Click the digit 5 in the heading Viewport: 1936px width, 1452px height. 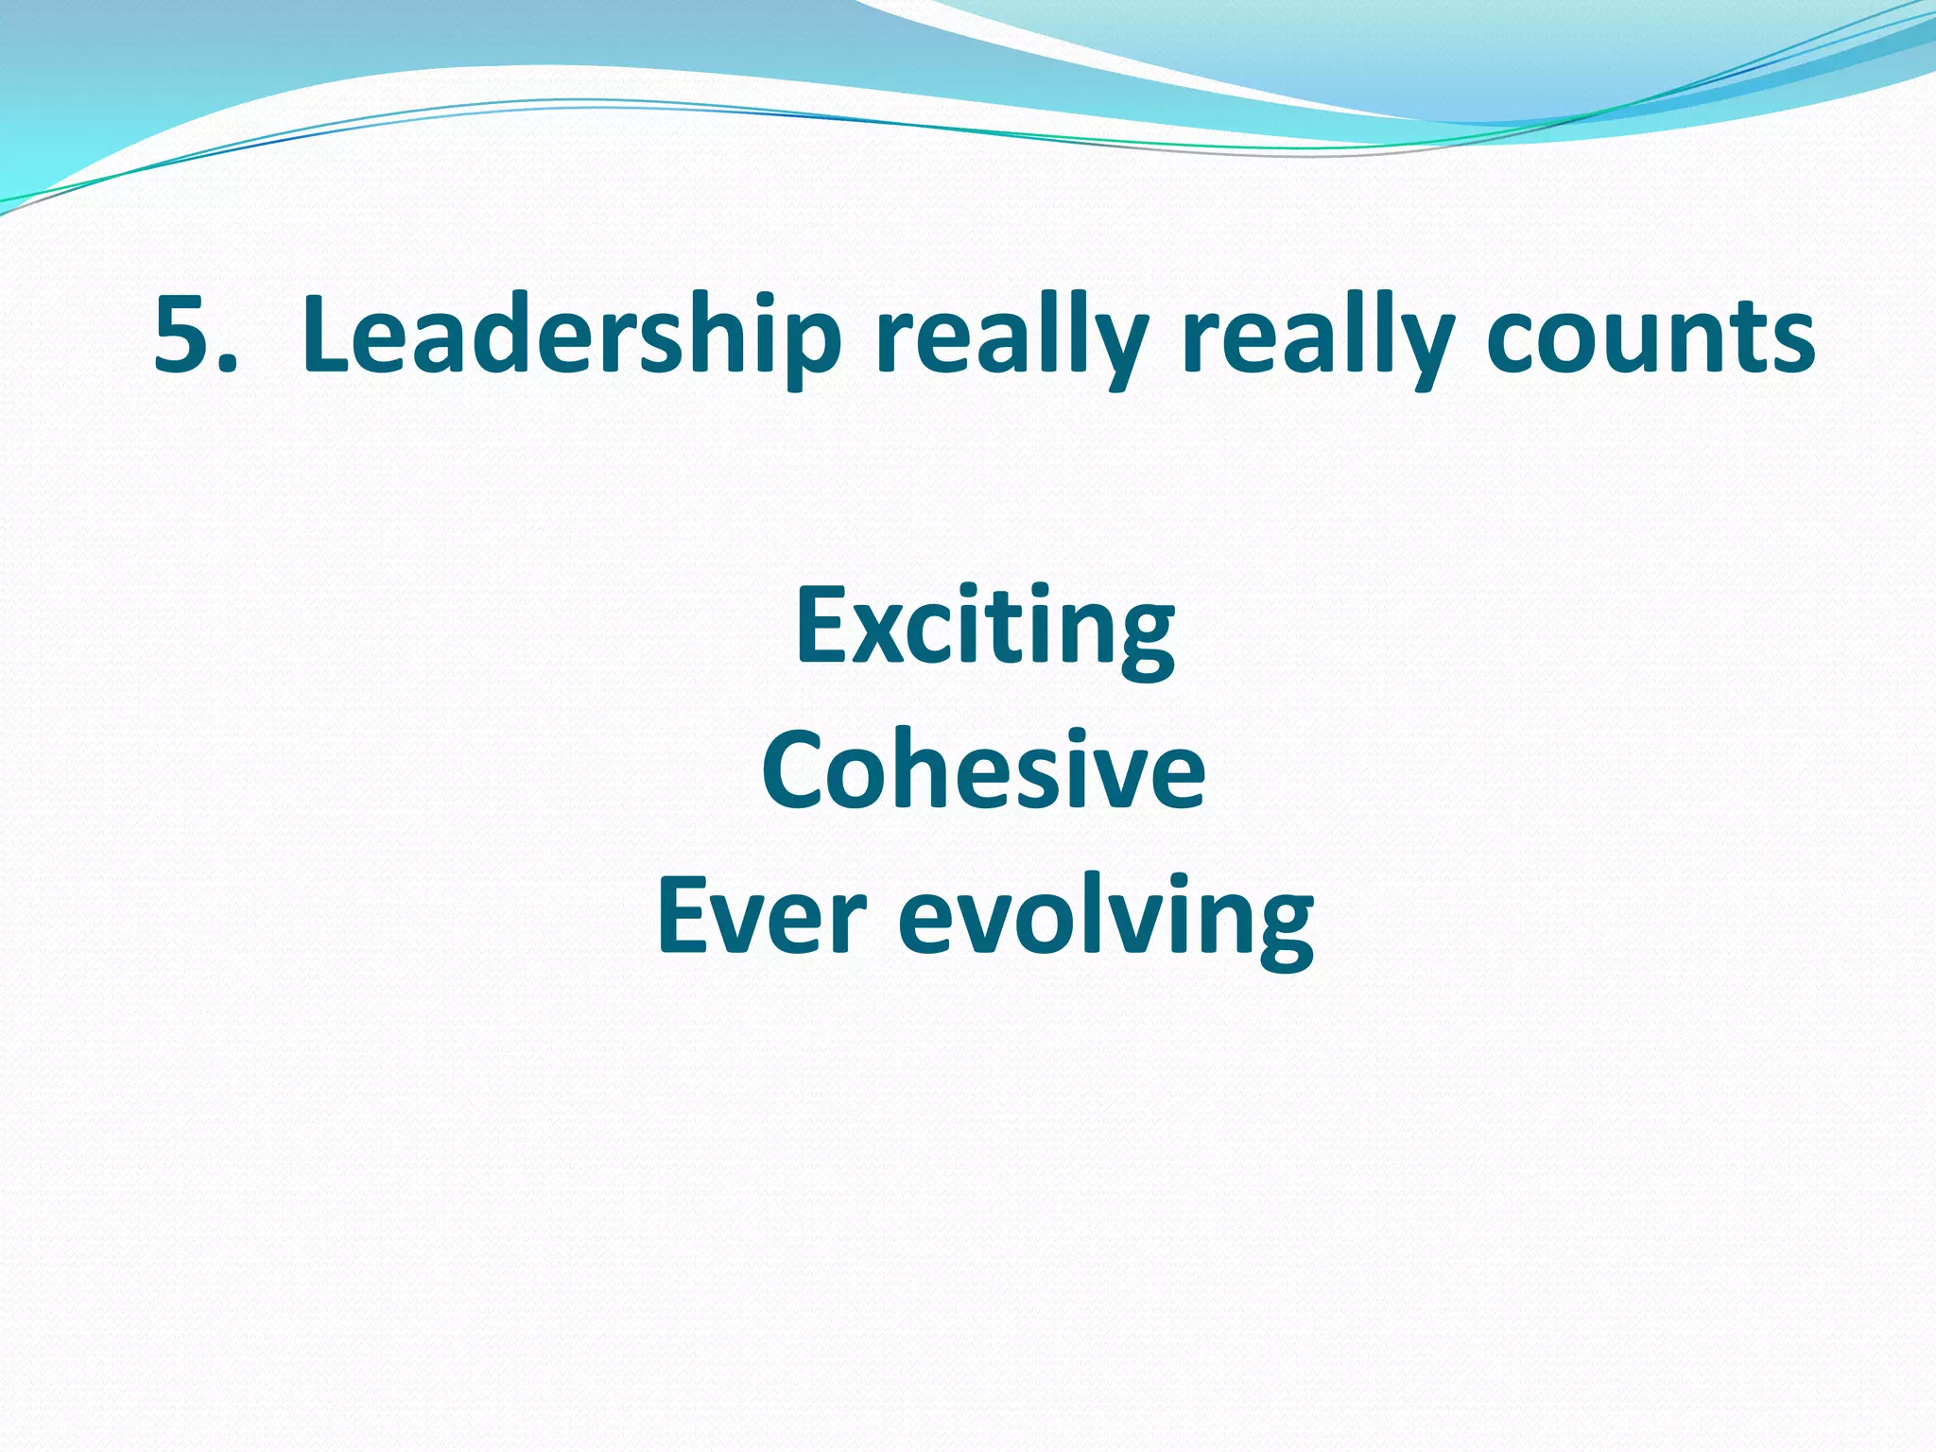click(x=186, y=334)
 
